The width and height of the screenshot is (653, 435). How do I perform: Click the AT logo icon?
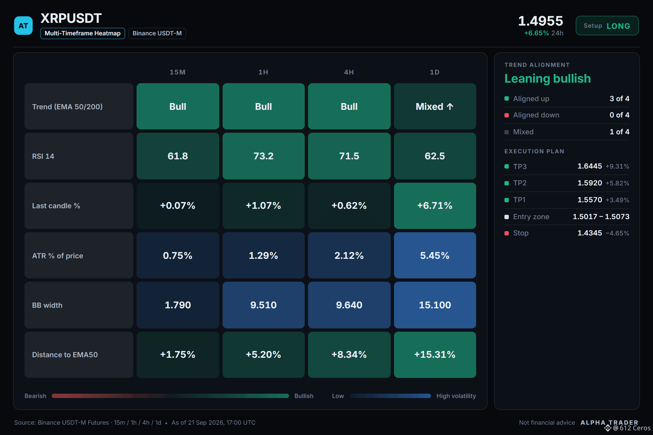[x=23, y=26]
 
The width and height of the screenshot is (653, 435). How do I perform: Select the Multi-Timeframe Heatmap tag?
[x=82, y=33]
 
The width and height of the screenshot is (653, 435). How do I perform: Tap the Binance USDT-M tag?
[x=157, y=33]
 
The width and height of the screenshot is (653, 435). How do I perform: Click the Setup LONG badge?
[x=607, y=26]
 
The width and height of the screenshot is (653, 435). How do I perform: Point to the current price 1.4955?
[x=540, y=21]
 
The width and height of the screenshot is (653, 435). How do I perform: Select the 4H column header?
[x=349, y=72]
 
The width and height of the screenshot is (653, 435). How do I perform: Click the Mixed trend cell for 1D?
[x=435, y=106]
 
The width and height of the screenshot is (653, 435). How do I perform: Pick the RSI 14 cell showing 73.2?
[x=263, y=156]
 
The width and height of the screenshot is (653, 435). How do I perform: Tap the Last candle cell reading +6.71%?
[x=435, y=206]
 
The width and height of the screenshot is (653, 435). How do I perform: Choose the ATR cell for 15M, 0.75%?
[x=178, y=255]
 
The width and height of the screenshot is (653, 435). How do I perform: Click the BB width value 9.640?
[x=349, y=305]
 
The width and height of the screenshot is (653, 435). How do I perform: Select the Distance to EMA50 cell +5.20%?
[x=263, y=355]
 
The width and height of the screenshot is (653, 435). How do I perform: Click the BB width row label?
[x=47, y=305]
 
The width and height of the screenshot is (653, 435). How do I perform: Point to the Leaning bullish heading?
[x=547, y=79]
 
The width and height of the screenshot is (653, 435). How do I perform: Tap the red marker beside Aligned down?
[x=506, y=115]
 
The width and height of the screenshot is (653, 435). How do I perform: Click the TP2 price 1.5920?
[x=590, y=183]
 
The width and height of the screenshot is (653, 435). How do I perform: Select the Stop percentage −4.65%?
[x=617, y=233]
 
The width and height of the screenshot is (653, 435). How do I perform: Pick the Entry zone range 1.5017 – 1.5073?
[x=601, y=216]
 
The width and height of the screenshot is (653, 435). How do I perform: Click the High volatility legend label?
[x=456, y=396]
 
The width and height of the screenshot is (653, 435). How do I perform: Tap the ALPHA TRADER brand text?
[x=609, y=422]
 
